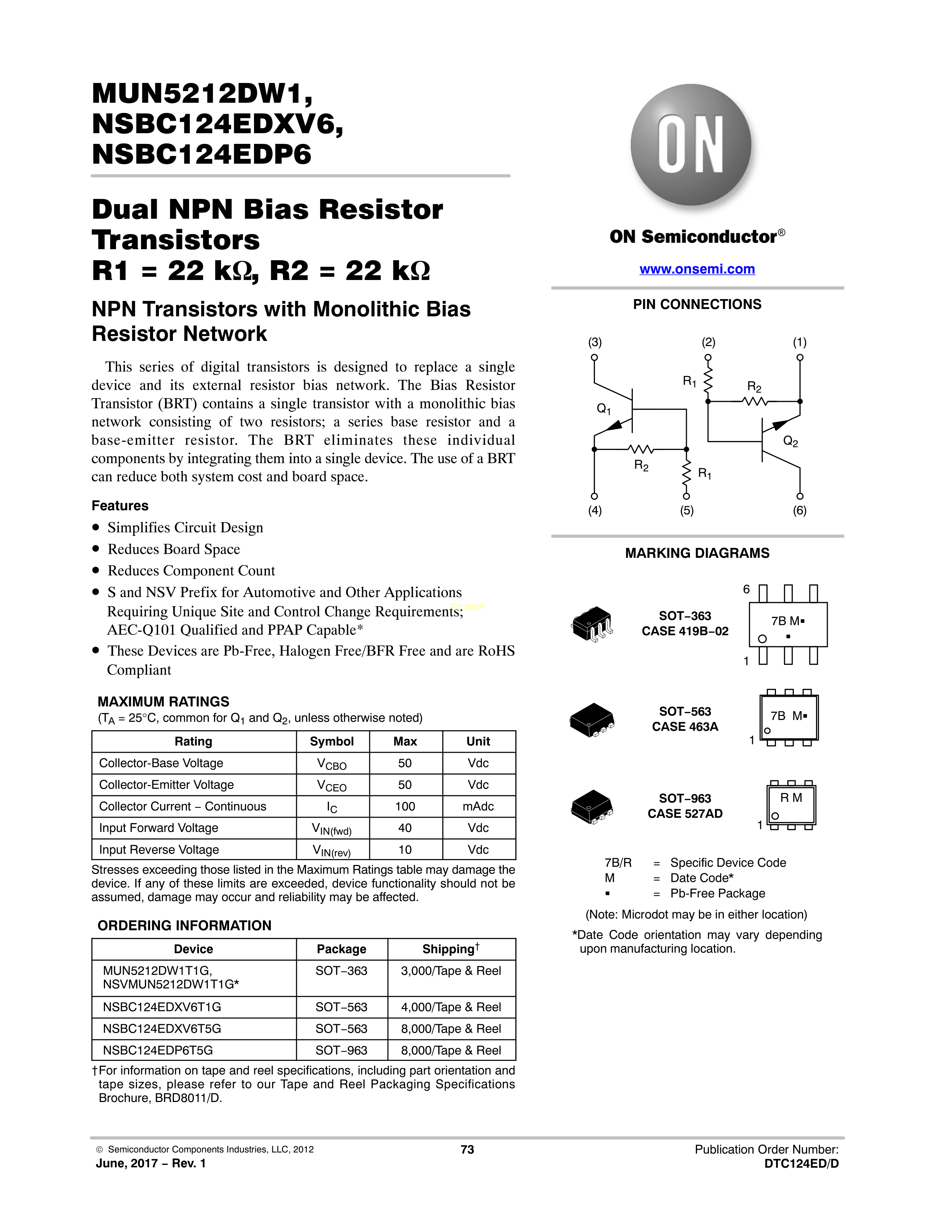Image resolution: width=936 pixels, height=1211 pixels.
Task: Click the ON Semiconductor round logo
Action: (x=691, y=146)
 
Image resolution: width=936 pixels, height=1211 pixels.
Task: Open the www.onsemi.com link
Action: (x=697, y=269)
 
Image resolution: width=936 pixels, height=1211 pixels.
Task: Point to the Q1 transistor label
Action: (x=603, y=409)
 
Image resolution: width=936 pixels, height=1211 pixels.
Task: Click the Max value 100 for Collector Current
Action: (x=405, y=807)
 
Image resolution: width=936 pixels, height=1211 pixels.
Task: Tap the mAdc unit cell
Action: (x=478, y=807)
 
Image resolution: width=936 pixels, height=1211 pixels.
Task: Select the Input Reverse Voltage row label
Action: (x=159, y=850)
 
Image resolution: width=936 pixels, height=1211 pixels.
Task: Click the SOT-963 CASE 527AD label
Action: (x=685, y=805)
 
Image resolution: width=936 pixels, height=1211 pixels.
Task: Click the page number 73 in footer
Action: (x=467, y=1149)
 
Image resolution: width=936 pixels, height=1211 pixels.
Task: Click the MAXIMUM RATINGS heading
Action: (x=164, y=701)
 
